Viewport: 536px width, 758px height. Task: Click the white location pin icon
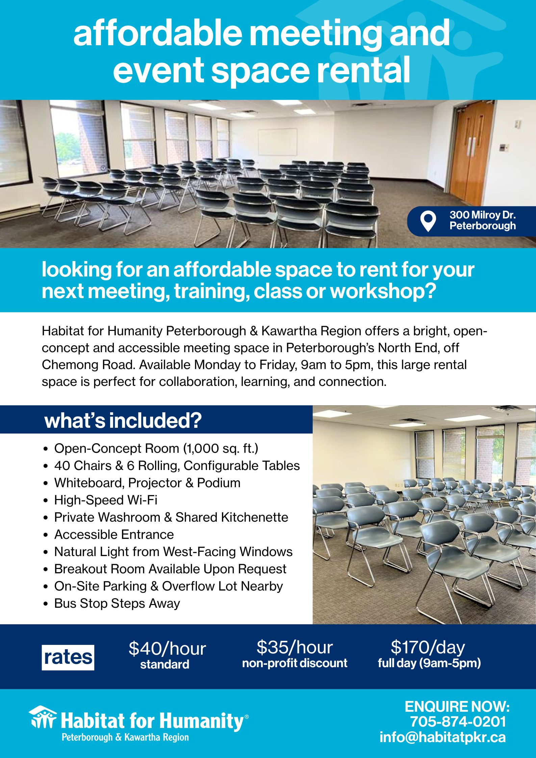pos(428,221)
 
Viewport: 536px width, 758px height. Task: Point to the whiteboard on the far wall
pos(277,142)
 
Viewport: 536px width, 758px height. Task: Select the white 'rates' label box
pos(68,657)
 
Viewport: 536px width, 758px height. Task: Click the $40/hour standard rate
pos(167,655)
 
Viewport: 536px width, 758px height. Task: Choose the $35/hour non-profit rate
pos(295,654)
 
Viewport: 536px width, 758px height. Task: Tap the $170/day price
pos(428,647)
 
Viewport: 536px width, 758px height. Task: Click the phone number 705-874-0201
pos(458,722)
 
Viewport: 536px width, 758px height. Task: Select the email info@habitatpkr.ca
pos(443,737)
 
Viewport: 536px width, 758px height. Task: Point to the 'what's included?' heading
pos(123,421)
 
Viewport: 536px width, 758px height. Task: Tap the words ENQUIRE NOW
pos(457,707)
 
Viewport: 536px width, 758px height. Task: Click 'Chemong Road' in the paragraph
pos(88,365)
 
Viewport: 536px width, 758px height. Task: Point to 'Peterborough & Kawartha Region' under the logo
pos(125,737)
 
